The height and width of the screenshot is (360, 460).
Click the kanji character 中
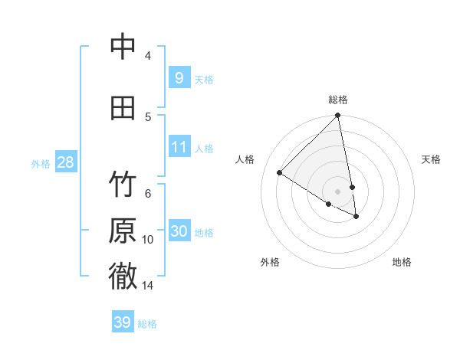(123, 47)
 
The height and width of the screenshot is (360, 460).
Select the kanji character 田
(123, 108)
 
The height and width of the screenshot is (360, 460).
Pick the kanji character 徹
(123, 277)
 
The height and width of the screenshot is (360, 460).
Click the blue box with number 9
(179, 77)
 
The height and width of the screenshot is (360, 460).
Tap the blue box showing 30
(179, 231)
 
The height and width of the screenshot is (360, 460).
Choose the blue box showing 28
(64, 162)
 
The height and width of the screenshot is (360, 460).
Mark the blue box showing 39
(122, 322)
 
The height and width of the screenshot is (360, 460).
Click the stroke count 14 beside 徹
(148, 286)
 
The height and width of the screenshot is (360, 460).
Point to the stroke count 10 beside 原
(148, 240)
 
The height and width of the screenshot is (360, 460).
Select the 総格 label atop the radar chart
(338, 100)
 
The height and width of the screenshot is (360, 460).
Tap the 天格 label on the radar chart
(431, 159)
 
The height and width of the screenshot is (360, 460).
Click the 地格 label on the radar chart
(402, 262)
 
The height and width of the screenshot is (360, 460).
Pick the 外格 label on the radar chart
(270, 262)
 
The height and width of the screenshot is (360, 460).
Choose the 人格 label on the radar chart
(245, 159)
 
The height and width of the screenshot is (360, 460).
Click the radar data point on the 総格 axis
(338, 116)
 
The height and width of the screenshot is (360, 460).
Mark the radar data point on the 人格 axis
(280, 173)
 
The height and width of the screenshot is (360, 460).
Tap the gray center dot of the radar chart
(338, 191)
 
